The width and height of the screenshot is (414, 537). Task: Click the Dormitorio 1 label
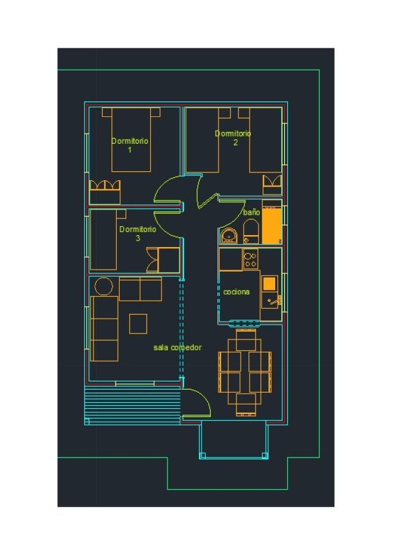[130, 145]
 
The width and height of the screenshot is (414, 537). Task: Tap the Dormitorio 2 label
[233, 138]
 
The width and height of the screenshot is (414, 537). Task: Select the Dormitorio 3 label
[138, 233]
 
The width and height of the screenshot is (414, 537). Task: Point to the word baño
[251, 212]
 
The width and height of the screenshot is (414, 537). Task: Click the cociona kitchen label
[236, 292]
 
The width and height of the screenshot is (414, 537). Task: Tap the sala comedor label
[178, 347]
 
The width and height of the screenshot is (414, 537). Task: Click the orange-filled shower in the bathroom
[272, 225]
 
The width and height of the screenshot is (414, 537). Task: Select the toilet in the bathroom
[251, 231]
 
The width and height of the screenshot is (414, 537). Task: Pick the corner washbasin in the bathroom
[229, 236]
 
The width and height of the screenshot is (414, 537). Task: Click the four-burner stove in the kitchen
[251, 259]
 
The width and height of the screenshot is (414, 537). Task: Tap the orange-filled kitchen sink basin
[269, 283]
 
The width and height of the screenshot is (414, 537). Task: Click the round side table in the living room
[104, 286]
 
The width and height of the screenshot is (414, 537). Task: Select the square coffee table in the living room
[138, 323]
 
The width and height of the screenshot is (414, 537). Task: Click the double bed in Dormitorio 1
[131, 140]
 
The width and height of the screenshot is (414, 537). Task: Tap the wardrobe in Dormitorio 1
[105, 192]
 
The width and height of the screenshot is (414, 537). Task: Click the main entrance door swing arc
[200, 397]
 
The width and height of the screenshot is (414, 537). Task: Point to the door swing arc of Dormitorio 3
[163, 227]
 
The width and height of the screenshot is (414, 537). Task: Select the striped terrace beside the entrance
[132, 405]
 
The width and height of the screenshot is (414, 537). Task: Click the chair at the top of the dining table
[246, 340]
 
